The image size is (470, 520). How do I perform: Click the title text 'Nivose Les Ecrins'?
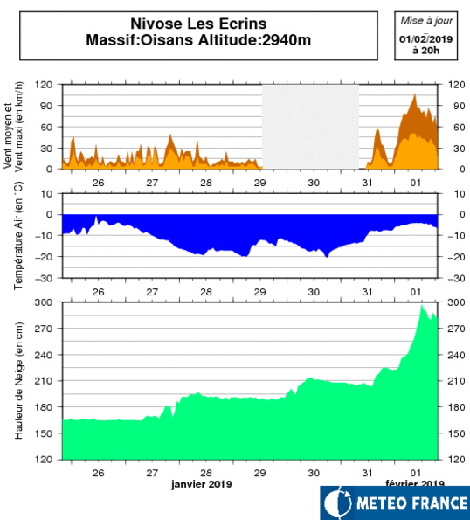coord(198,24)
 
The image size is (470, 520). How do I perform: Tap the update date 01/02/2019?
coord(426,39)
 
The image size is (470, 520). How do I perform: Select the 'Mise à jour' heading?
coord(426,21)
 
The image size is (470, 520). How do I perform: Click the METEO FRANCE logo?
coord(395,503)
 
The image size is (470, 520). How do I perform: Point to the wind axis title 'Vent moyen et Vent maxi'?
coord(13,127)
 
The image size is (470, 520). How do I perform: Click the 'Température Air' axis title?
coord(18,235)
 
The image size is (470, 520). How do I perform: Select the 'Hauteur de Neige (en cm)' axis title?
coord(18,381)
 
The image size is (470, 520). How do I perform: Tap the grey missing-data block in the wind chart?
coord(310,127)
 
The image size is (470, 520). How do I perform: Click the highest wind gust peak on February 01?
coord(415,94)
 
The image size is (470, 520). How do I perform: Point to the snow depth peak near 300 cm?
coord(422,305)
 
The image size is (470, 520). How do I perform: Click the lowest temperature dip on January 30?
coord(327,257)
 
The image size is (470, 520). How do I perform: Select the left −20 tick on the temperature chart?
coord(44,257)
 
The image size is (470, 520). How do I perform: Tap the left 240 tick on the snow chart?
coord(44,355)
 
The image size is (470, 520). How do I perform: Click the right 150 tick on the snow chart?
coord(456,433)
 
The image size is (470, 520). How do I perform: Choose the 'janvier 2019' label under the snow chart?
coord(202,484)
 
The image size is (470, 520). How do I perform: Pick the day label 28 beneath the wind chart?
coord(206,183)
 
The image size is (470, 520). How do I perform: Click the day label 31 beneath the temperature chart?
coord(367,292)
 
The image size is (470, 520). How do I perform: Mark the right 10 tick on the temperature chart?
coord(460,194)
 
